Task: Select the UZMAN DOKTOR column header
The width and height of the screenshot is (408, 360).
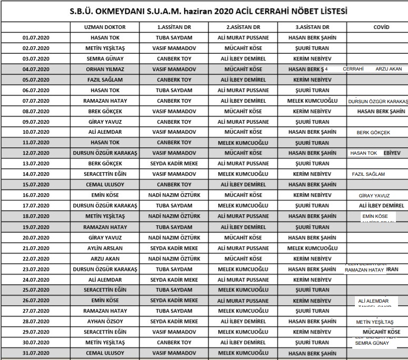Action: pyautogui.click(x=105, y=27)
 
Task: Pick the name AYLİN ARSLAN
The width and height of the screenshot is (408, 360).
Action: pyautogui.click(x=105, y=248)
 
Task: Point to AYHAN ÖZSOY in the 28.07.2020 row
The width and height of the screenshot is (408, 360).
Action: pyautogui.click(x=105, y=322)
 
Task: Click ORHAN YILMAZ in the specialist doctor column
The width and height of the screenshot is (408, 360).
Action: pyautogui.click(x=105, y=69)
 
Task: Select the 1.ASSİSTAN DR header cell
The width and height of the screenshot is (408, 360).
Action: pyautogui.click(x=174, y=27)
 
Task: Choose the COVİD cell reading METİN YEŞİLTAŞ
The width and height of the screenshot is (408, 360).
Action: pyautogui.click(x=374, y=322)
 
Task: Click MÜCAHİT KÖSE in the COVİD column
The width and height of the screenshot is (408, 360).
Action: pyautogui.click(x=378, y=332)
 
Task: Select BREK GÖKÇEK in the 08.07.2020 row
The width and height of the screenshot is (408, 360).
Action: pyautogui.click(x=105, y=111)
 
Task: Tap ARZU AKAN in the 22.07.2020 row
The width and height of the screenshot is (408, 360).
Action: pyautogui.click(x=105, y=258)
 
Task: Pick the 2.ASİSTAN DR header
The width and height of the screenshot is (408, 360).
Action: pyautogui.click(x=243, y=27)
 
